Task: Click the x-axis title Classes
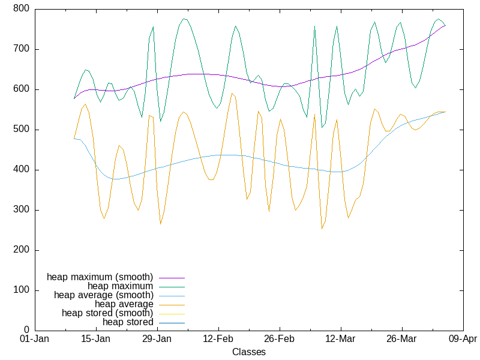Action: pyautogui.click(x=249, y=352)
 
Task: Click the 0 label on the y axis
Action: pyautogui.click(x=27, y=330)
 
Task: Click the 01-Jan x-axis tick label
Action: pyautogui.click(x=34, y=339)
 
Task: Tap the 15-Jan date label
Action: pyautogui.click(x=95, y=339)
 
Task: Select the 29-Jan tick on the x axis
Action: pyautogui.click(x=157, y=339)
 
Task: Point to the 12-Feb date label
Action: pyautogui.click(x=218, y=339)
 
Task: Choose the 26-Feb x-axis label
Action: pyautogui.click(x=279, y=339)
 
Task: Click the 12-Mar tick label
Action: pyautogui.click(x=340, y=339)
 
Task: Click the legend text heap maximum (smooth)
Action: pyautogui.click(x=100, y=277)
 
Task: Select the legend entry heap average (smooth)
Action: pyautogui.click(x=104, y=295)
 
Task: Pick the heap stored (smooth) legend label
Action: pyautogui.click(x=107, y=313)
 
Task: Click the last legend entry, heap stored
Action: pyautogui.click(x=128, y=322)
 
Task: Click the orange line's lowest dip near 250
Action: pyautogui.click(x=322, y=229)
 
